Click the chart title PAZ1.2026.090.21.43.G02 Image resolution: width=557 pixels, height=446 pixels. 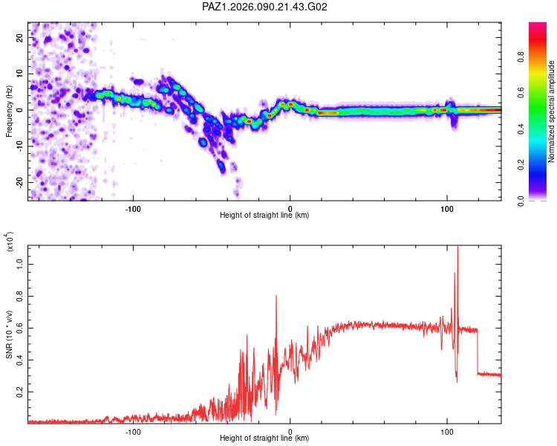(x=265, y=7)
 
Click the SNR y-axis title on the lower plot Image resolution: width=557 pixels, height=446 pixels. (x=9, y=334)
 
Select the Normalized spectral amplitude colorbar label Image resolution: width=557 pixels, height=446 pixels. (x=552, y=111)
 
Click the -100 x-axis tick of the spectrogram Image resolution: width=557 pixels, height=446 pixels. (x=134, y=207)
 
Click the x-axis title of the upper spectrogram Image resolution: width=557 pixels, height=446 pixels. (x=264, y=216)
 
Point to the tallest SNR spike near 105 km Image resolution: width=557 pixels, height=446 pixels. (x=457, y=248)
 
